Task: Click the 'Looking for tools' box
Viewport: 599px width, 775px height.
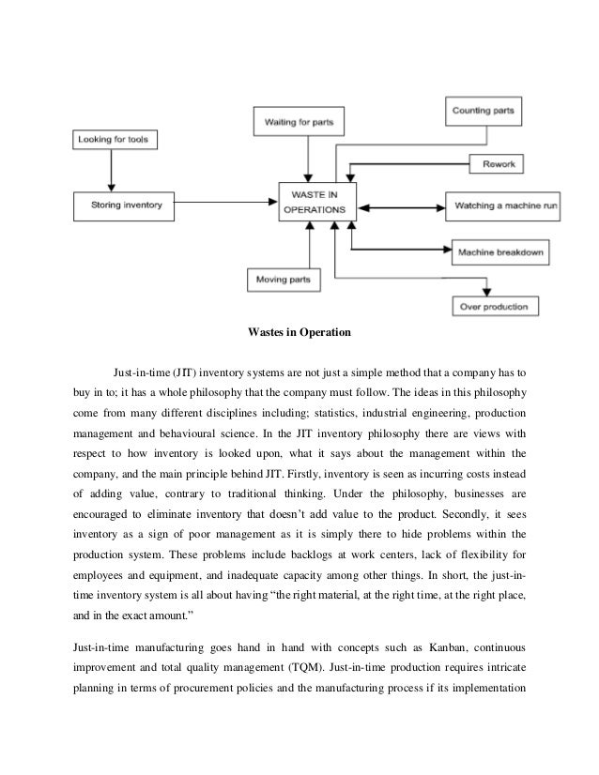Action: pos(115,141)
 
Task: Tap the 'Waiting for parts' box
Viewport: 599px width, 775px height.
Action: pos(299,121)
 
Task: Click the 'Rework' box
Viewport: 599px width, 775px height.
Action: pos(499,164)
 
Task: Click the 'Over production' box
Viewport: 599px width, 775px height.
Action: pos(494,306)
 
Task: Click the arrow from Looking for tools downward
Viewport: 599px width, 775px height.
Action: pos(112,171)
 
